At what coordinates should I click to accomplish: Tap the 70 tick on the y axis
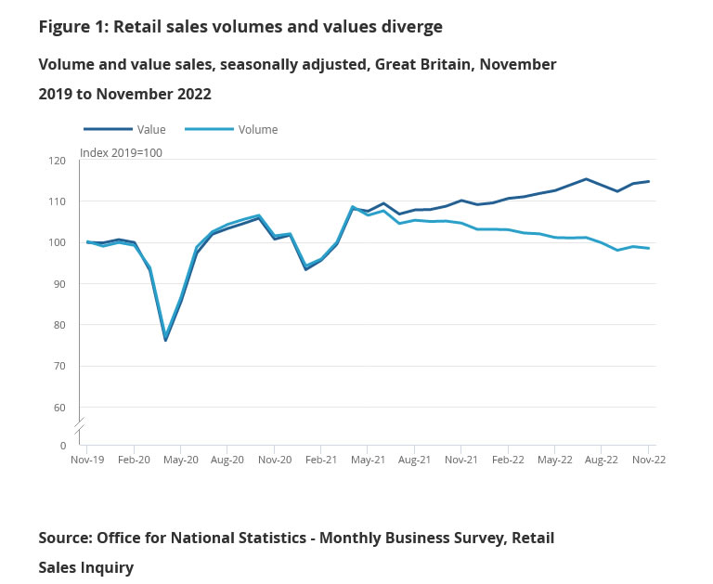(x=60, y=366)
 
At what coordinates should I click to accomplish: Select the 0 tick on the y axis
(x=63, y=446)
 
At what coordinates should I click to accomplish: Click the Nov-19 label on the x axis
(x=87, y=459)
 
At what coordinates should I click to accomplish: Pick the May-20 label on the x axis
(x=180, y=459)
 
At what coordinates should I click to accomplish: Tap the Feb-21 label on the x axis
(x=320, y=459)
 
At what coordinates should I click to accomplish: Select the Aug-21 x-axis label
(x=414, y=459)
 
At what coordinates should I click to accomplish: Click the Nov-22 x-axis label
(x=648, y=459)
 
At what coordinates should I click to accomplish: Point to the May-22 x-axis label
(x=554, y=459)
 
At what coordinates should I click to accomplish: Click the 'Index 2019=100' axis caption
(x=121, y=153)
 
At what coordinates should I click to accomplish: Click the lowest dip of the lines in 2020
(x=165, y=340)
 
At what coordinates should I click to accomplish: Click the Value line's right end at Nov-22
(x=648, y=181)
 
